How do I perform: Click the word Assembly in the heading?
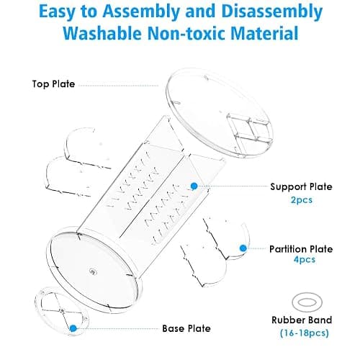(x=140, y=12)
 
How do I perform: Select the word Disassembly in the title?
(x=272, y=12)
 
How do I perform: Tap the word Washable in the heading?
(x=102, y=33)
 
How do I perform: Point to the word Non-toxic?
(x=186, y=33)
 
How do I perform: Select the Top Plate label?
(x=53, y=84)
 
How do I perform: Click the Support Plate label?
(x=301, y=186)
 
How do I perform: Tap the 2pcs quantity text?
(x=302, y=200)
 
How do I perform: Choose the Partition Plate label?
(x=301, y=249)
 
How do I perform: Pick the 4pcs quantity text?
(x=305, y=260)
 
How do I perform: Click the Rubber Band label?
(x=302, y=320)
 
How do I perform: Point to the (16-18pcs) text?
(x=305, y=333)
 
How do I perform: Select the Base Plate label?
(x=186, y=328)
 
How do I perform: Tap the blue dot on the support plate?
(x=194, y=186)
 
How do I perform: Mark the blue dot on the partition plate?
(x=243, y=248)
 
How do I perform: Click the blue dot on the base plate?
(x=73, y=328)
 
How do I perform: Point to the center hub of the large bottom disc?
(x=92, y=271)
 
